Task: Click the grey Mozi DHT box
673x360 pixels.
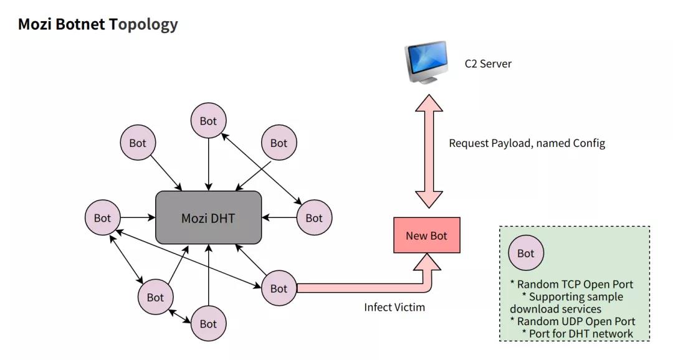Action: [208, 217]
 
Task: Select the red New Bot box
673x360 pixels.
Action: [426, 235]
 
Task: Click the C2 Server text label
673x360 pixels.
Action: [488, 64]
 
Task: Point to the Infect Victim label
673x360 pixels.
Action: [394, 307]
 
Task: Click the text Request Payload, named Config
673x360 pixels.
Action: [527, 143]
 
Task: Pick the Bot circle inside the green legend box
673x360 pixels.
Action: [526, 253]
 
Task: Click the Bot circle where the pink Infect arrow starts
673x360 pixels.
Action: [279, 288]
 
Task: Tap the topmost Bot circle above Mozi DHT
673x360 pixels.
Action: [208, 121]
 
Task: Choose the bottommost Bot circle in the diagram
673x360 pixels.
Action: [208, 324]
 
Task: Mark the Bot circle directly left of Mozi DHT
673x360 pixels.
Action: [102, 218]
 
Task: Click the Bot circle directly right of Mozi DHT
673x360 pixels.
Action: [314, 218]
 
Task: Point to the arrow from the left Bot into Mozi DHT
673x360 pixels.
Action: [137, 218]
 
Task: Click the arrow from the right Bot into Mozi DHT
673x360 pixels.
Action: [279, 218]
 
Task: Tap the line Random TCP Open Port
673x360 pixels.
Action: [571, 285]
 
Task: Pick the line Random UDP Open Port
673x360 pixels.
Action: [573, 321]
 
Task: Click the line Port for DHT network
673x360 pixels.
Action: [578, 333]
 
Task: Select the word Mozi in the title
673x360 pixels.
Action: [35, 24]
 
